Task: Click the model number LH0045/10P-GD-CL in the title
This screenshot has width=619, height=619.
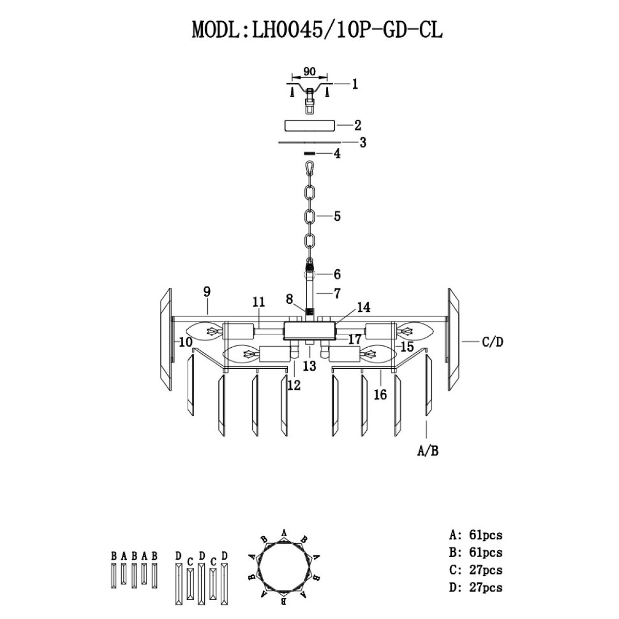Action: tap(347, 31)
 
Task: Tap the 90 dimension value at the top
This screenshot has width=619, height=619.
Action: tap(309, 72)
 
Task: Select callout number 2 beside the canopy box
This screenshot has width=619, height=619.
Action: tap(357, 125)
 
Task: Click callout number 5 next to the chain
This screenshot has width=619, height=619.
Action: tap(337, 216)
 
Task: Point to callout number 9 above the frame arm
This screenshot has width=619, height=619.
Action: tap(207, 291)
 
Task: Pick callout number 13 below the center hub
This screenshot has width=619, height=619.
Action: tap(309, 366)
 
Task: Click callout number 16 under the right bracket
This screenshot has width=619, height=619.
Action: tap(380, 395)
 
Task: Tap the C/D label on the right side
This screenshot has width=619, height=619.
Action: tap(493, 342)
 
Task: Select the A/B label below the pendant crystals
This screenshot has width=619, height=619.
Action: tap(428, 451)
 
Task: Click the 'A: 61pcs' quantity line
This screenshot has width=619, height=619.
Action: tap(476, 535)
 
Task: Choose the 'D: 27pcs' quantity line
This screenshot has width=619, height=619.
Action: tap(476, 587)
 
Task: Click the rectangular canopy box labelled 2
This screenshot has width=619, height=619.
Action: tap(309, 125)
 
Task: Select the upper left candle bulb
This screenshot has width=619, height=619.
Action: tap(204, 331)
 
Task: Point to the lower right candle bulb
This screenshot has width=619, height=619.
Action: tap(378, 354)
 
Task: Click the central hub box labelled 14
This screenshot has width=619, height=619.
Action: tap(309, 331)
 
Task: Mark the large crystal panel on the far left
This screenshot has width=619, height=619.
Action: tap(166, 339)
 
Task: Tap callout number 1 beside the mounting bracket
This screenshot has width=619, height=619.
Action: tap(354, 84)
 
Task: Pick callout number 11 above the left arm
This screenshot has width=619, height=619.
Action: tap(258, 302)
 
